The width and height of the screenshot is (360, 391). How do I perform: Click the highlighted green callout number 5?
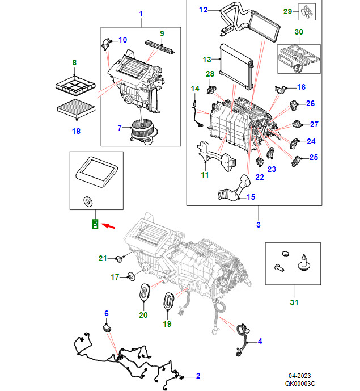(95, 224)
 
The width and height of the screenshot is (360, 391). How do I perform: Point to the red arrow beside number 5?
(110, 226)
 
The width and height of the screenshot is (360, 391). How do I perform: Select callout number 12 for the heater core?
(204, 10)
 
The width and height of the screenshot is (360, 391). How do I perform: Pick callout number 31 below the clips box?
(294, 302)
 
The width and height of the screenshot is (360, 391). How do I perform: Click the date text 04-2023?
(299, 375)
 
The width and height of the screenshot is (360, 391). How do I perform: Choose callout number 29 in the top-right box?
(287, 11)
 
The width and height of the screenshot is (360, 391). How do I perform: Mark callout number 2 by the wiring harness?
(198, 375)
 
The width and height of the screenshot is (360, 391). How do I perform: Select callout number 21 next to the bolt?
(103, 258)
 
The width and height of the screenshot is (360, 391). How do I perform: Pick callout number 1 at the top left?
(141, 13)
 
